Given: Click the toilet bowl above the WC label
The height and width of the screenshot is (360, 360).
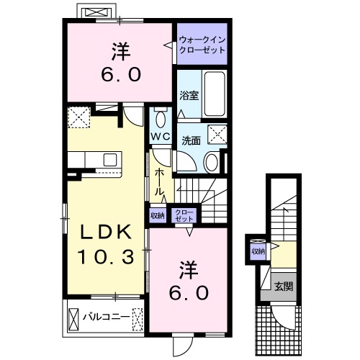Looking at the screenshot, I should (160, 120).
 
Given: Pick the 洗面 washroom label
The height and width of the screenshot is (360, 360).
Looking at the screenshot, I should (191, 141).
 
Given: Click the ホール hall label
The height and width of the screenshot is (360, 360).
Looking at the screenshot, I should (161, 182).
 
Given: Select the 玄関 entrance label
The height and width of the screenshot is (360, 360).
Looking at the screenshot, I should (283, 286).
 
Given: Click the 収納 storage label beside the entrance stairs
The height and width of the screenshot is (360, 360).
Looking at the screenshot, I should (258, 251).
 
